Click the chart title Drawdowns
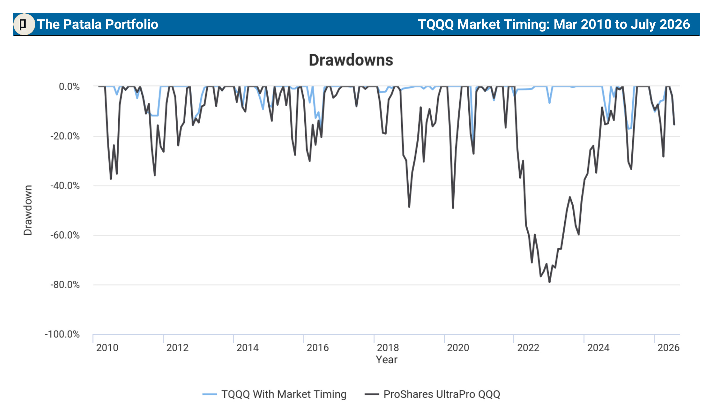tap(351, 60)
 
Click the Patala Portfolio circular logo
tap(24, 24)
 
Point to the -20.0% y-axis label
tap(65, 136)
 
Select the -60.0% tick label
tap(65, 235)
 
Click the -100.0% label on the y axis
tap(62, 334)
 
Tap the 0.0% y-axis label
tap(69, 87)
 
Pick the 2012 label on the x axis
tap(177, 348)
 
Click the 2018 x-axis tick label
tap(388, 348)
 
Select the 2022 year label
tap(528, 348)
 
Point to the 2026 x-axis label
tap(669, 348)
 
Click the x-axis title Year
tap(387, 360)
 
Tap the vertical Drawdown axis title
tap(28, 210)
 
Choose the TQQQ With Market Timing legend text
tap(284, 394)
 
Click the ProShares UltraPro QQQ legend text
tap(442, 394)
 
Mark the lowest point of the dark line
tap(549, 282)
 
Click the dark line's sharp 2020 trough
tap(453, 208)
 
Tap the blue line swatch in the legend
tap(209, 394)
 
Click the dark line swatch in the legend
tap(372, 394)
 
